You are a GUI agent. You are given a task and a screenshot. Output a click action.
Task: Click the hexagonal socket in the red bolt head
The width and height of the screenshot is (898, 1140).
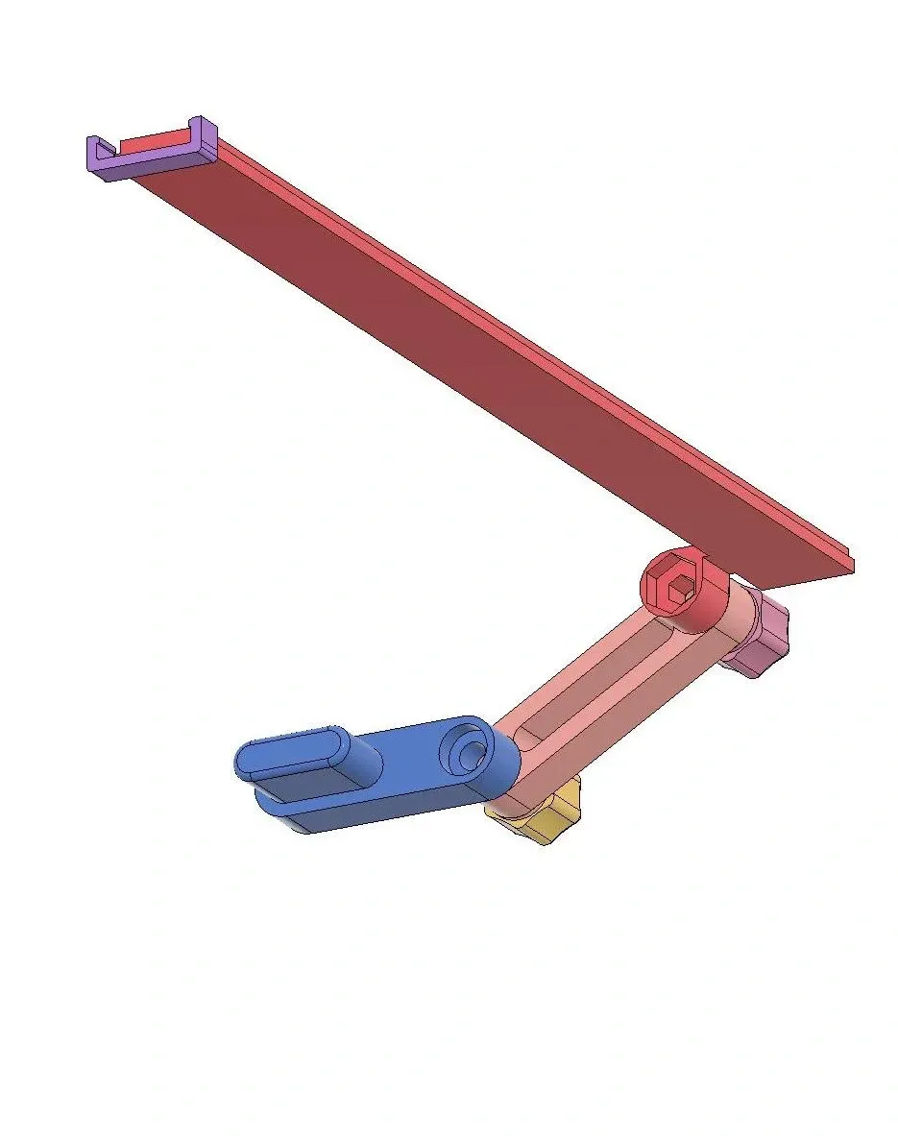(x=680, y=588)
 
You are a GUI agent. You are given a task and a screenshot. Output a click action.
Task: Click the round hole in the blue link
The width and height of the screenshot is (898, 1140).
(x=469, y=756)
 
